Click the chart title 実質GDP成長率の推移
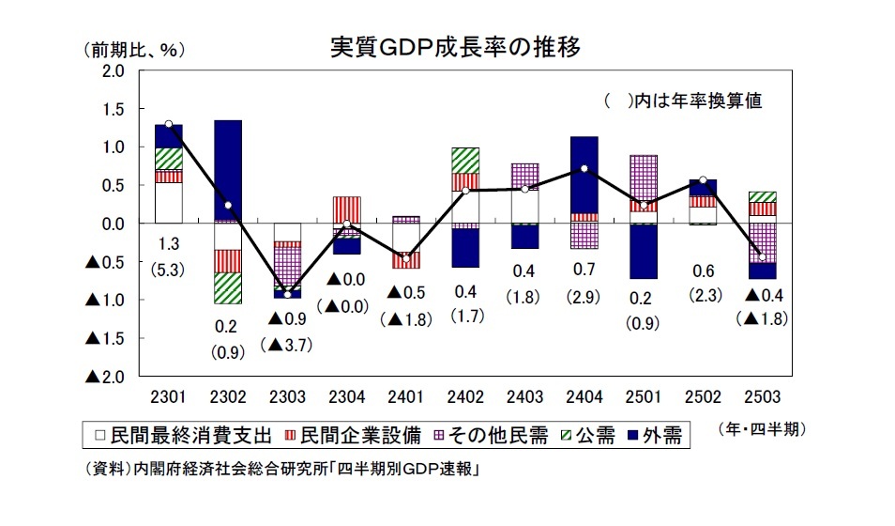(458, 47)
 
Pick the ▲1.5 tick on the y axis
(105, 338)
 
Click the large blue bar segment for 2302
(227, 169)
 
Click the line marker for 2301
(168, 124)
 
